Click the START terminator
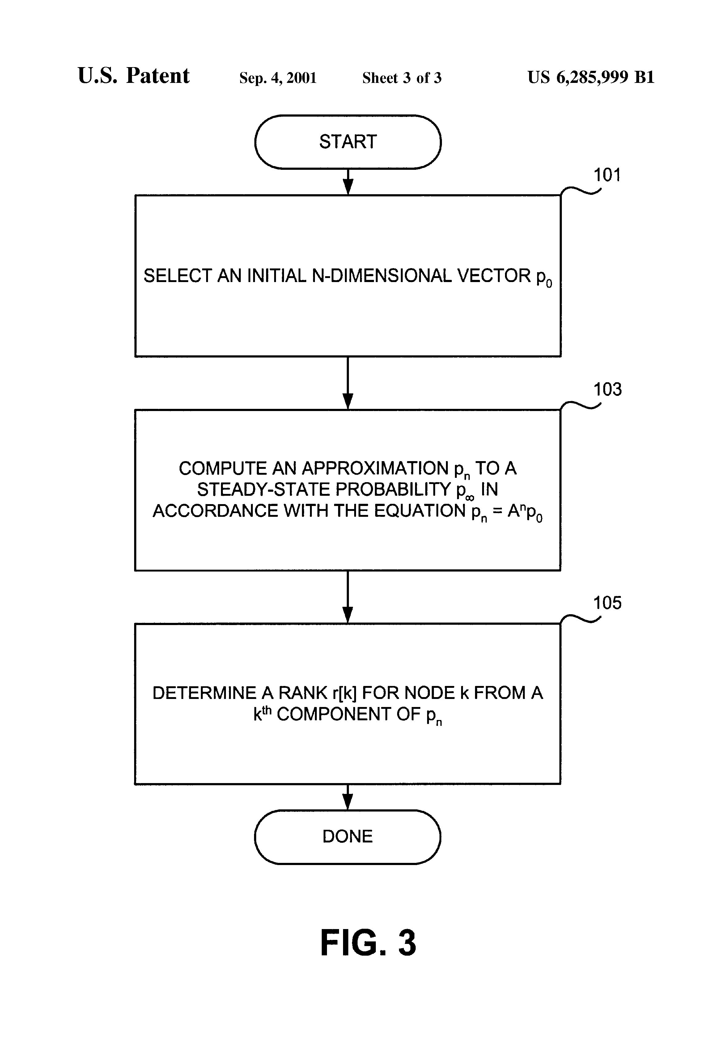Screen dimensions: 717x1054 coord(348,142)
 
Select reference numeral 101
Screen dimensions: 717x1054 coord(607,175)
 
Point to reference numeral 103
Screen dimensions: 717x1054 coord(607,390)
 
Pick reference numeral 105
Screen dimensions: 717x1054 coord(607,603)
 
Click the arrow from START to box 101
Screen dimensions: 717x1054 coord(348,182)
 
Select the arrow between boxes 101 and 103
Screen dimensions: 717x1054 coord(348,383)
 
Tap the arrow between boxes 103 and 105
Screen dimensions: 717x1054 coord(348,597)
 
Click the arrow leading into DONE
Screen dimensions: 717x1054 coord(348,797)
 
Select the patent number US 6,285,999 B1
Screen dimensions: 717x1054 coord(591,78)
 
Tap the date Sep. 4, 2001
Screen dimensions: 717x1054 coord(278,78)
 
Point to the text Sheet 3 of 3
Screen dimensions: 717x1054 coord(401,78)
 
